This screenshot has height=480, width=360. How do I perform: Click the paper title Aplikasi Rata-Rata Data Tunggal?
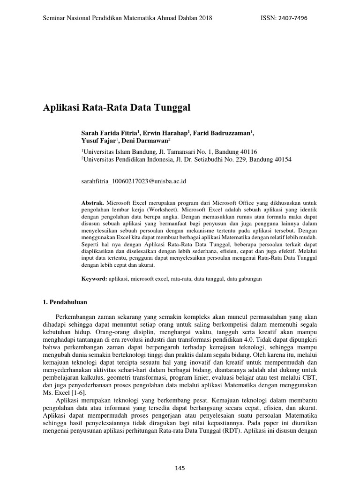pos(117,108)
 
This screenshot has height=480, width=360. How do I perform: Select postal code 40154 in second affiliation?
pos(281,159)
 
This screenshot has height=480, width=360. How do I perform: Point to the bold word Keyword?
pos(94,278)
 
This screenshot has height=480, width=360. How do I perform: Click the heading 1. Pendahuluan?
pos(65,302)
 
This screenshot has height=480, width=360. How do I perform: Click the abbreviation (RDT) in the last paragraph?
pos(231,433)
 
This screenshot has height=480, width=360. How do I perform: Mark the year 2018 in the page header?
pos(205,18)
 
